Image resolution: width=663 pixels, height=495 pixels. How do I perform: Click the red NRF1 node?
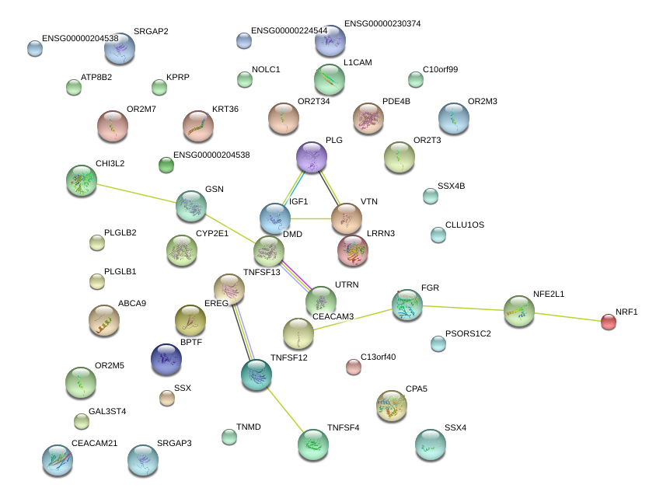coord(609,321)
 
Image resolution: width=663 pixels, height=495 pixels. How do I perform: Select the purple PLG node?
coord(312,157)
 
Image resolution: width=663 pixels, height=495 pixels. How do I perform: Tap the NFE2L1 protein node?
coord(519,310)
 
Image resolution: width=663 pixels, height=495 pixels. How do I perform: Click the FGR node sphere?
coord(407,305)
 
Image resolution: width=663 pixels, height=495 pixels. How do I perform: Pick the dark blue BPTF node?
coord(166,358)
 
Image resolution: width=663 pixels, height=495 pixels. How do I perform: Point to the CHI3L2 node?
coord(82,180)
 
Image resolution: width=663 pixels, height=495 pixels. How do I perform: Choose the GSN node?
coord(191,205)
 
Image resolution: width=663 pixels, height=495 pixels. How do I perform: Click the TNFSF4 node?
coord(312,444)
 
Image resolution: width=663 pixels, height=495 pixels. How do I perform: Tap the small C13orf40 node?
coord(354,367)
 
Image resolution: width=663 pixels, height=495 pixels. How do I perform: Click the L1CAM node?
coord(330,78)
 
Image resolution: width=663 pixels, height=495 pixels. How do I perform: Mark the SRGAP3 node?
coord(143,460)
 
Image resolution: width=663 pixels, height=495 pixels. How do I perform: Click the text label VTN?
coord(368,202)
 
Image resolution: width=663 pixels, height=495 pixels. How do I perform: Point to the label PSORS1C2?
coord(469,335)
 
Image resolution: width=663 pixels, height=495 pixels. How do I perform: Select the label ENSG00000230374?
coord(382,24)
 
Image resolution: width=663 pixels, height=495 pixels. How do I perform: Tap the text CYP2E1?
coord(212,233)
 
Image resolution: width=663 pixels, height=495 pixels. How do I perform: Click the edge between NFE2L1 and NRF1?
coord(568,315)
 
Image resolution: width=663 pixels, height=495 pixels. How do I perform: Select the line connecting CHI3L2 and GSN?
coord(137,193)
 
